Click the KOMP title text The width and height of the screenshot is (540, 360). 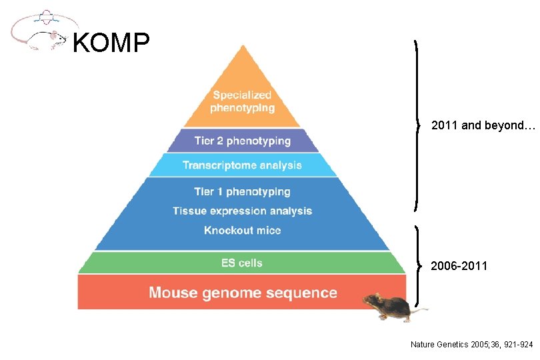pyautogui.click(x=110, y=43)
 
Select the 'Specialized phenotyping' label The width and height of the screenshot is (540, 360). pyautogui.click(x=242, y=101)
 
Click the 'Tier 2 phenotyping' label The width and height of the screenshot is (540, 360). pyautogui.click(x=242, y=141)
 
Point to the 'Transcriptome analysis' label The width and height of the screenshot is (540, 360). pyautogui.click(x=242, y=165)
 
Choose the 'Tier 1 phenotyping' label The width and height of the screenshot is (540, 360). pyautogui.click(x=242, y=192)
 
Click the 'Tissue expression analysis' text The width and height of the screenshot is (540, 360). pyautogui.click(x=242, y=211)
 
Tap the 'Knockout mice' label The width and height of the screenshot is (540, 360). pyautogui.click(x=242, y=231)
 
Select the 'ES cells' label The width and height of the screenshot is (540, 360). pyautogui.click(x=241, y=263)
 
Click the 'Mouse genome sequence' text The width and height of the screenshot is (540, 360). pyautogui.click(x=243, y=293)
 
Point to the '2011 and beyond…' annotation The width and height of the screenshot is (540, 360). pyautogui.click(x=483, y=125)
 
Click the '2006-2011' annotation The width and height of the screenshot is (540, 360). pyautogui.click(x=459, y=266)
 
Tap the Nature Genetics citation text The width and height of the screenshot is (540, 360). pyautogui.click(x=471, y=345)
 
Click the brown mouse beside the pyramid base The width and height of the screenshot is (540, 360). pyautogui.click(x=390, y=307)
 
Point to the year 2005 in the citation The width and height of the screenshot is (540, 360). pyautogui.click(x=479, y=345)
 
